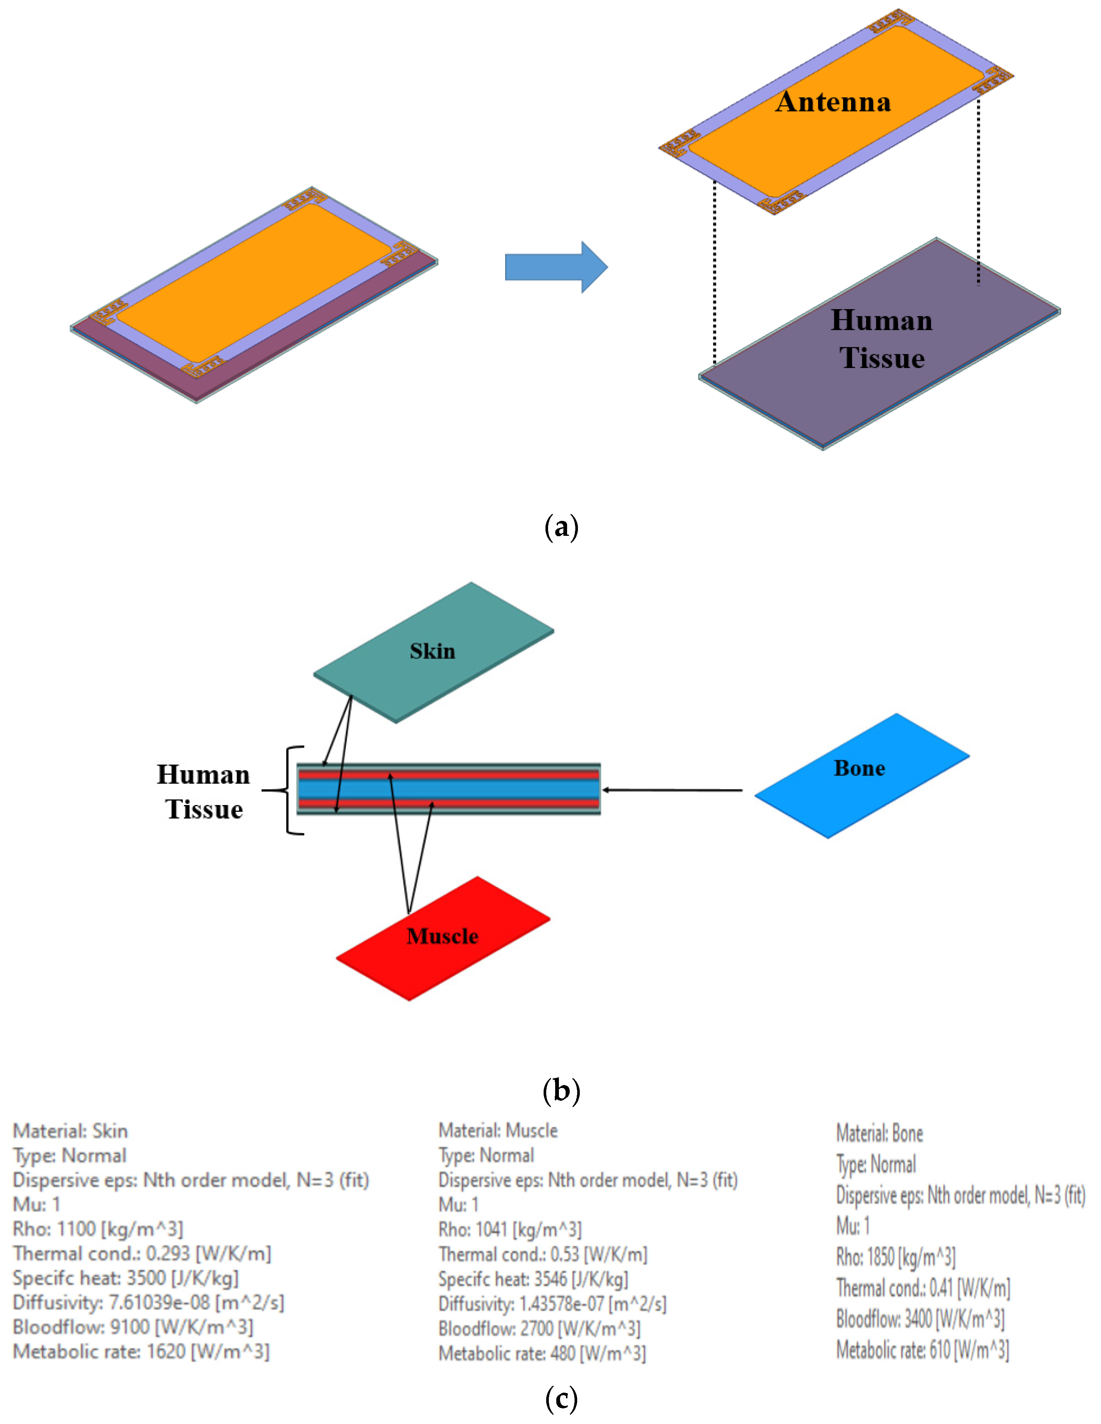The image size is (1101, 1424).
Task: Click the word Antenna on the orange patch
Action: (x=833, y=103)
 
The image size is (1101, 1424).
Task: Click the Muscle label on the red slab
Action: (x=442, y=936)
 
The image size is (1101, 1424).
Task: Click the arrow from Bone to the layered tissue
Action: (x=672, y=790)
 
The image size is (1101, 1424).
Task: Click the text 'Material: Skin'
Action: (x=71, y=1131)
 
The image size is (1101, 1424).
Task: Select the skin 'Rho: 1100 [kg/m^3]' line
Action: (x=98, y=1229)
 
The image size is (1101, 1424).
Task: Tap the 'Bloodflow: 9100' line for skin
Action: (x=133, y=1327)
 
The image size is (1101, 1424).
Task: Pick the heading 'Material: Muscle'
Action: (x=498, y=1131)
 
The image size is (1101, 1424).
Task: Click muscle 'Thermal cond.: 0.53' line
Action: (x=543, y=1254)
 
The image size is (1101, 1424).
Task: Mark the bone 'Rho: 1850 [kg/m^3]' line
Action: (x=895, y=1257)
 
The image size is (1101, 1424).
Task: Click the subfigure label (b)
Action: (x=561, y=1090)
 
